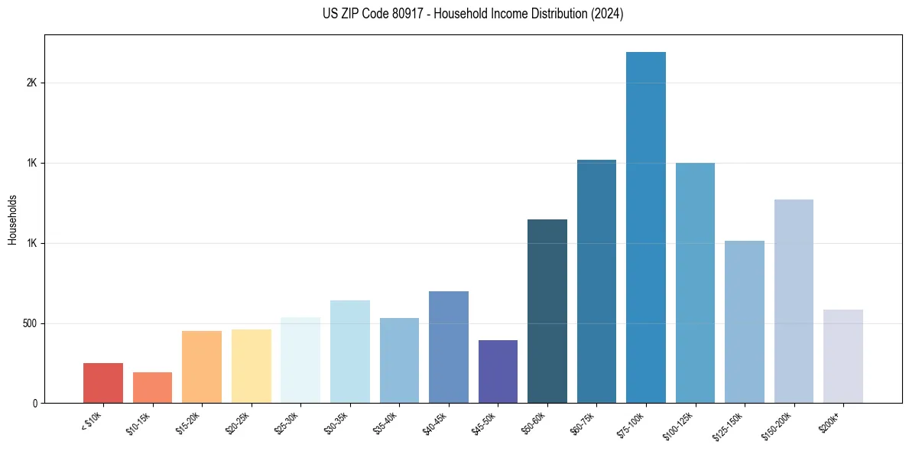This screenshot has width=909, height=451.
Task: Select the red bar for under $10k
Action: coord(103,383)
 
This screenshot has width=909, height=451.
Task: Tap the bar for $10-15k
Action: coord(152,388)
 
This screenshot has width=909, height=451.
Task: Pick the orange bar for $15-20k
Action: coord(202,367)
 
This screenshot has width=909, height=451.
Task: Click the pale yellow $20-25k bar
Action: coord(251,366)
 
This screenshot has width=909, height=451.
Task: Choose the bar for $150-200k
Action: coord(793,301)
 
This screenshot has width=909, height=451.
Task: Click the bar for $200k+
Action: coord(842,356)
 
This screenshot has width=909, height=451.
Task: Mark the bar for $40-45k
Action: coord(448,347)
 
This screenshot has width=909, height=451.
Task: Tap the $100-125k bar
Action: coord(695,283)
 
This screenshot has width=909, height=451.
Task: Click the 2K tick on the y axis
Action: coord(31,83)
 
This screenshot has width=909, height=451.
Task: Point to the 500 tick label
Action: coord(29,323)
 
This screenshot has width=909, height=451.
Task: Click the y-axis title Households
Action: coord(12,219)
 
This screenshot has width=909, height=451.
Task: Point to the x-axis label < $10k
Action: coord(92,420)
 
